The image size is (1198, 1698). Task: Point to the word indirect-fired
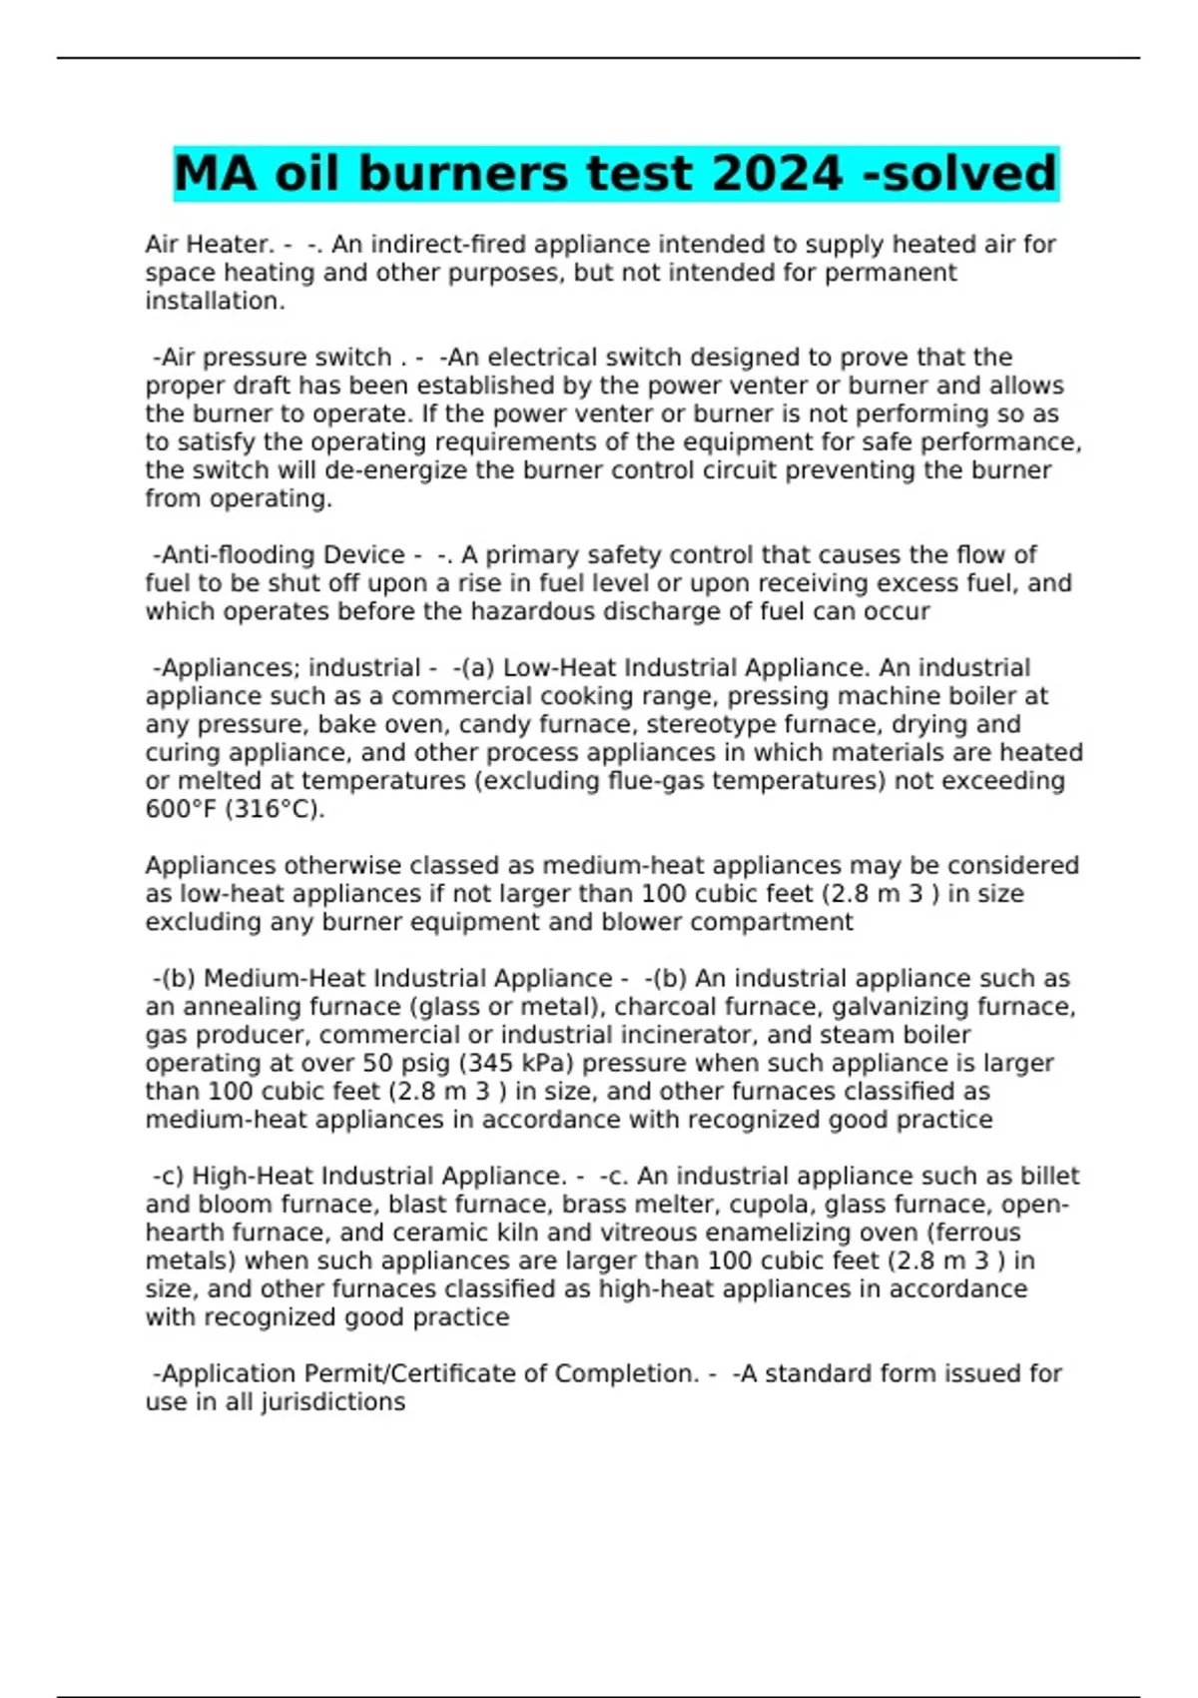439,245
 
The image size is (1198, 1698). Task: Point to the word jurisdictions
332,1402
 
